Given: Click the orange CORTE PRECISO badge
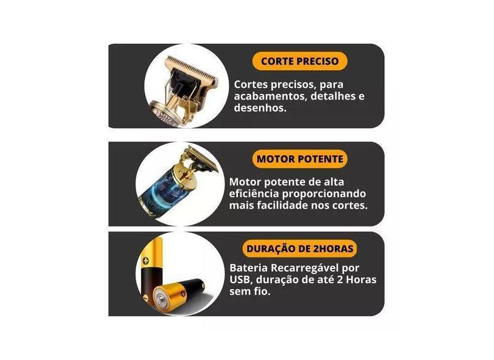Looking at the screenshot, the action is (x=299, y=61).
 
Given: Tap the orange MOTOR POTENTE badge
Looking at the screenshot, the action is (x=299, y=159).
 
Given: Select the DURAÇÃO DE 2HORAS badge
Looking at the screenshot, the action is (x=299, y=248).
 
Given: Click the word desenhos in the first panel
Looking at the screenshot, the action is (x=260, y=108).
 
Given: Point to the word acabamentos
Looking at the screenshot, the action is (x=270, y=96).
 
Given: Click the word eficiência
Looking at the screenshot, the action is (x=254, y=193).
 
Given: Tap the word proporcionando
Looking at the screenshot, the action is (x=324, y=194).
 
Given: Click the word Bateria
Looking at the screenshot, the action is (x=249, y=268).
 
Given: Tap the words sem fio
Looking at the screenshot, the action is (x=250, y=291).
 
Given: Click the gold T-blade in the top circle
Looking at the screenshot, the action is (x=192, y=70).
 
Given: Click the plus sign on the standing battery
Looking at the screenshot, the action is (x=146, y=261).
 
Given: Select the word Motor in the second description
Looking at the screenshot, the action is (x=245, y=182).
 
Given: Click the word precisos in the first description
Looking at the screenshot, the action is (x=292, y=85).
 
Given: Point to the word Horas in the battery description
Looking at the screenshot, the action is (x=361, y=279).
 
